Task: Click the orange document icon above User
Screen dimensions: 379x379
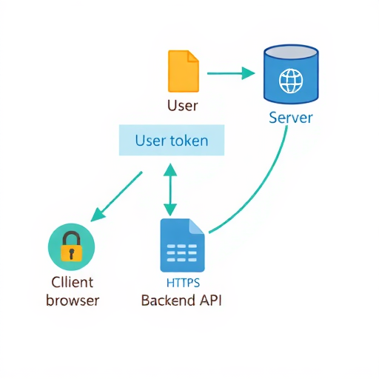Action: click(183, 71)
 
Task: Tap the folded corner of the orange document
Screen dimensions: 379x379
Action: click(193, 56)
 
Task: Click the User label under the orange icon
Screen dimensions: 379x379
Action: click(183, 105)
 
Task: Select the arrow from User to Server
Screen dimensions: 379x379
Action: click(230, 73)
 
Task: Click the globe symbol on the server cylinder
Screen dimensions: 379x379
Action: click(290, 80)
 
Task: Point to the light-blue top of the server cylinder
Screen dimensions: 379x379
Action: click(291, 53)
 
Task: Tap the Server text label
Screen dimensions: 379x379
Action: click(291, 118)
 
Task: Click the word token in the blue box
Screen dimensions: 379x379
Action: click(189, 140)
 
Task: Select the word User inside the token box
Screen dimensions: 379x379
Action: click(150, 140)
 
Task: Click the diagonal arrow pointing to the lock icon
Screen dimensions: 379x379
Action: click(116, 196)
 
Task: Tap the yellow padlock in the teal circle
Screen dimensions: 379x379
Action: click(71, 247)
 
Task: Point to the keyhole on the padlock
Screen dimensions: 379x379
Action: click(71, 253)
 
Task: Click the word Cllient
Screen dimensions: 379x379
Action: click(72, 282)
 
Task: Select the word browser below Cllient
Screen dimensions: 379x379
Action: click(72, 300)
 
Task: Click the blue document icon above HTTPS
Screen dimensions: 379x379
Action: click(182, 246)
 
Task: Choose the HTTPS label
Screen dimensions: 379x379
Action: click(182, 282)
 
